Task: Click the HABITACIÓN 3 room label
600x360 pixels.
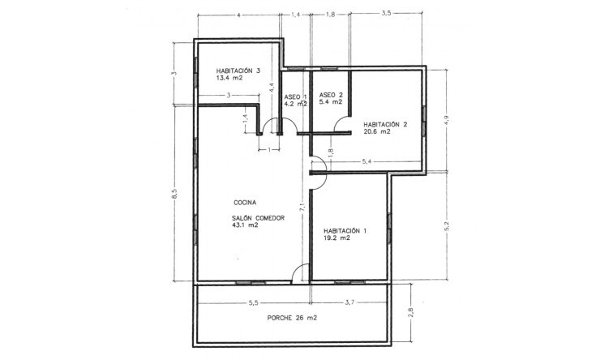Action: (x=238, y=71)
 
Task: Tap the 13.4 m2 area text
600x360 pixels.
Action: (x=230, y=79)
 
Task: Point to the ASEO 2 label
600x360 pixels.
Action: (x=331, y=95)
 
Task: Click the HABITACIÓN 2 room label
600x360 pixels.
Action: (x=385, y=124)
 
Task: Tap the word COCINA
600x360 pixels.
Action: (x=246, y=202)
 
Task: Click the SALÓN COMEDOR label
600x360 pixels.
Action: (x=258, y=218)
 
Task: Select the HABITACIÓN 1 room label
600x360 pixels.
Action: (x=345, y=230)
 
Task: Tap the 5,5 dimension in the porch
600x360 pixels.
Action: (x=252, y=303)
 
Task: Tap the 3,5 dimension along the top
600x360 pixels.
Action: (x=386, y=15)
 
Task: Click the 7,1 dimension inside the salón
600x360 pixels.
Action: (x=302, y=208)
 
